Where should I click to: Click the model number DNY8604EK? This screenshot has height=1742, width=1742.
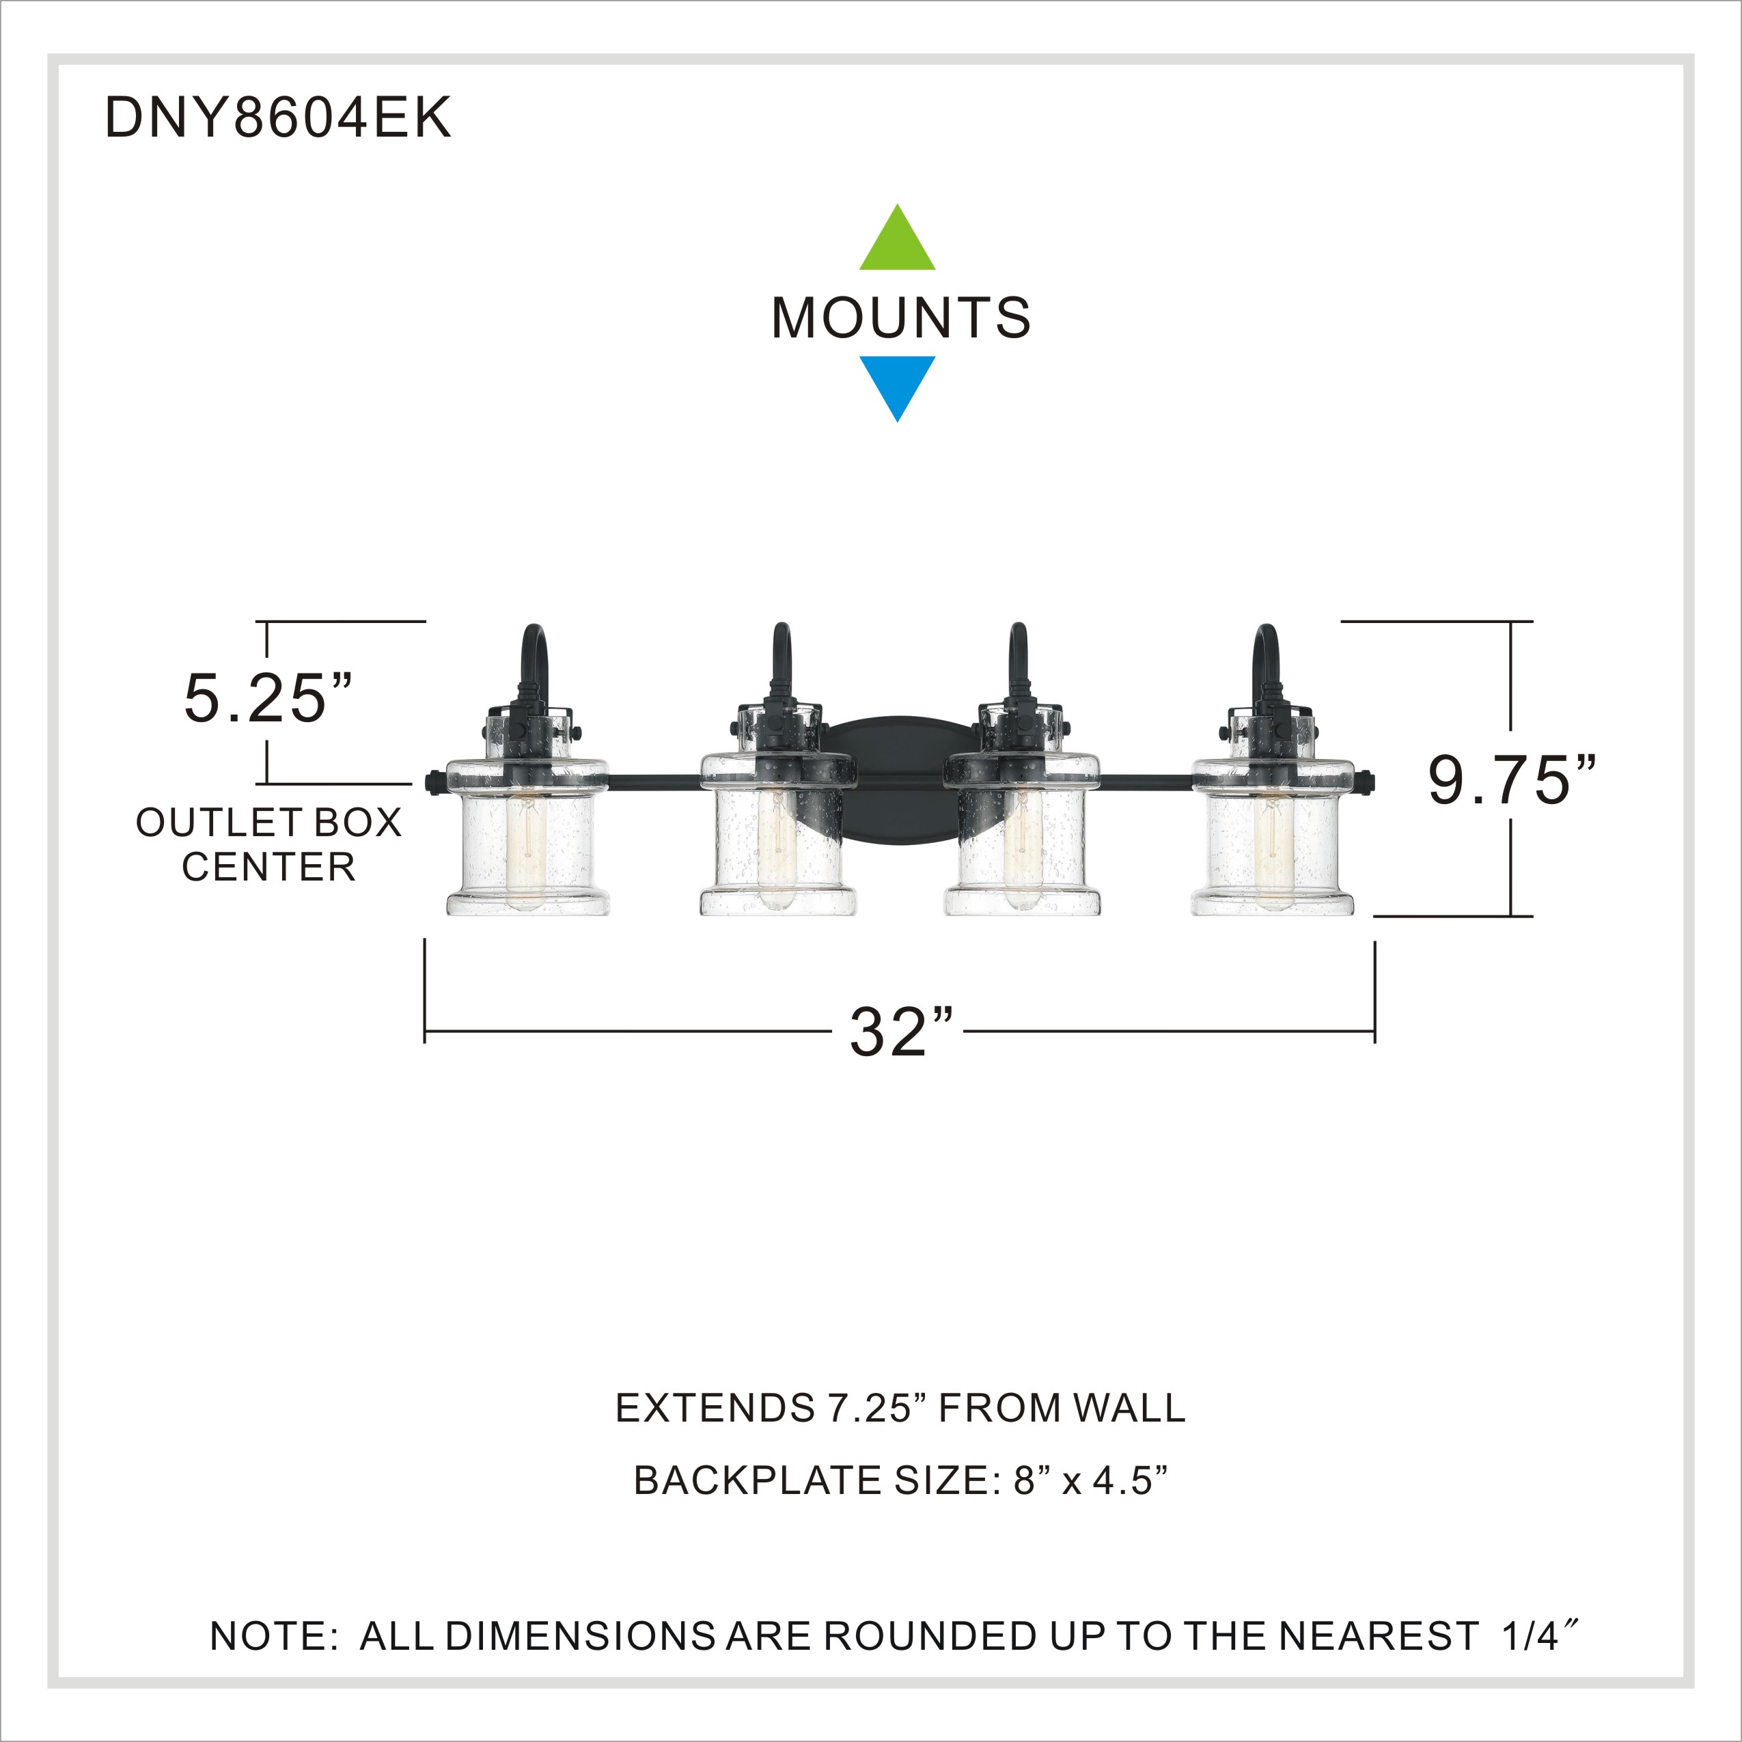coord(278,117)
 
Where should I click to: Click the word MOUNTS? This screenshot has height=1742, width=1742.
coord(901,318)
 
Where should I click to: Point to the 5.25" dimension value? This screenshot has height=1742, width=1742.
coord(268,699)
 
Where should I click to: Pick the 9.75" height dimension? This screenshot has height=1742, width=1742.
coord(1511,780)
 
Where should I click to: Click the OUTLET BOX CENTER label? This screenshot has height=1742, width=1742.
coord(268,845)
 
